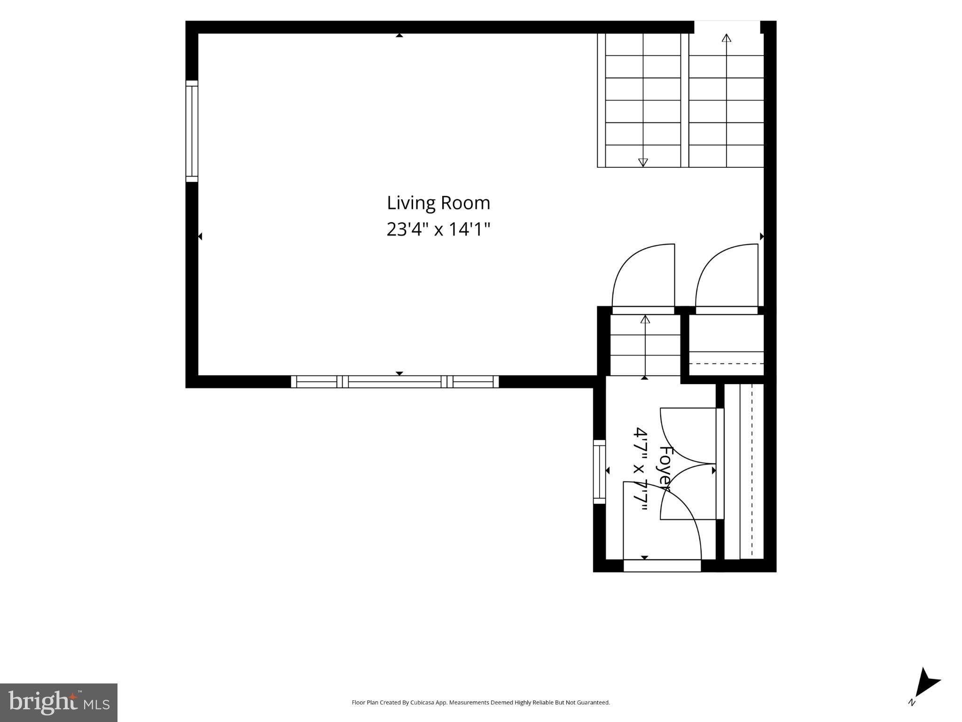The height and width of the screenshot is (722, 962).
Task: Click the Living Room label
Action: click(x=438, y=204)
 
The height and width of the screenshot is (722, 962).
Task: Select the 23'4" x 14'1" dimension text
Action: click(x=438, y=230)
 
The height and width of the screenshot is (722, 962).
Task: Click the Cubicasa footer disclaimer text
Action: click(x=481, y=703)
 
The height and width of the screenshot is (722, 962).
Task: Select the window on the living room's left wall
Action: click(x=192, y=131)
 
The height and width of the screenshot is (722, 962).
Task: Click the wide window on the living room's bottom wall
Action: click(x=395, y=382)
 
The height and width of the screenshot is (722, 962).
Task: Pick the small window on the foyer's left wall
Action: click(x=599, y=471)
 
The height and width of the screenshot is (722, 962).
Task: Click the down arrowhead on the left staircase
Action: click(x=643, y=163)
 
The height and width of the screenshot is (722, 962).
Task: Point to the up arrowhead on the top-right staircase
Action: click(x=727, y=38)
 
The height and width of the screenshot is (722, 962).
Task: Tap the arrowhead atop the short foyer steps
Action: click(x=645, y=319)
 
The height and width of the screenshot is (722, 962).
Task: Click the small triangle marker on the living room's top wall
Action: click(x=399, y=35)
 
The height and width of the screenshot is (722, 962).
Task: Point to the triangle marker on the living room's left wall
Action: click(x=200, y=236)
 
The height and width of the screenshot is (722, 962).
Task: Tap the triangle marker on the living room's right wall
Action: click(x=762, y=236)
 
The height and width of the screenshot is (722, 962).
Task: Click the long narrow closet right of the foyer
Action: click(x=744, y=471)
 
